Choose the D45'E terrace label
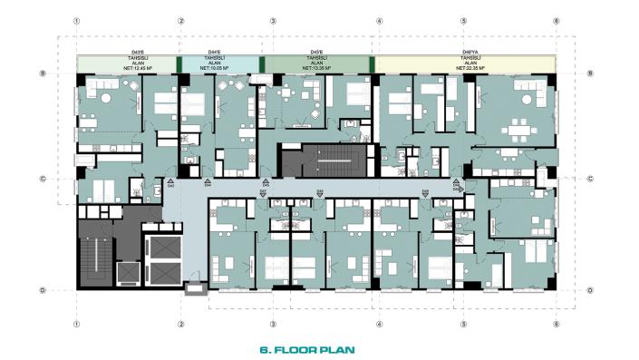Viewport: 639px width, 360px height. pyautogui.click(x=317, y=52)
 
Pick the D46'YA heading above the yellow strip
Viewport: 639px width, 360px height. pyautogui.click(x=470, y=52)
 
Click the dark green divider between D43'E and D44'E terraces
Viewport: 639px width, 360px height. pyautogui.click(x=179, y=63)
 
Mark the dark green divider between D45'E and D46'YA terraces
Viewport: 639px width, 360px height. pyautogui.click(x=372, y=63)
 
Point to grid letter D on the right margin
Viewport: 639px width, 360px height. pyautogui.click(x=589, y=290)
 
